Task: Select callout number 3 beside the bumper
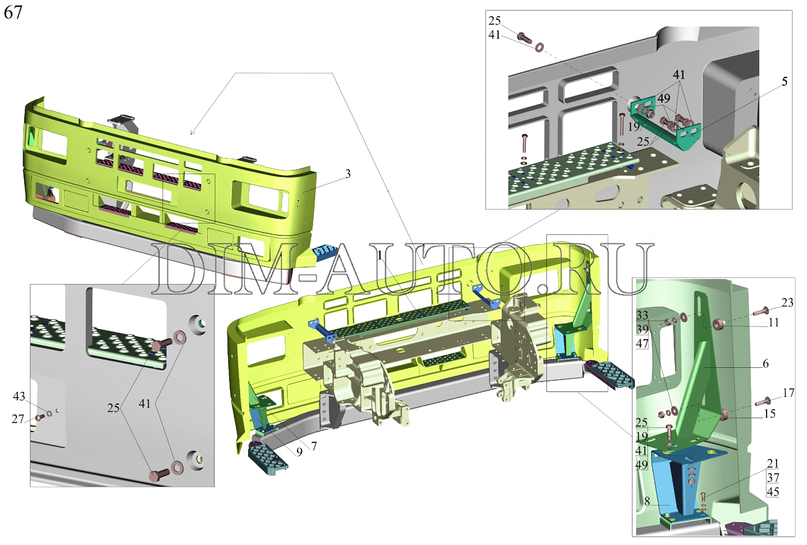coord(348,174)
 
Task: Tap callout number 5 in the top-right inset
coord(784,81)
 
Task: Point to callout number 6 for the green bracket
coord(766,364)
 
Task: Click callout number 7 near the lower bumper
coord(314,446)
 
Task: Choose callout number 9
coord(299,452)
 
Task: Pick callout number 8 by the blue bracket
coord(647,501)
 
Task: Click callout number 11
coord(773,322)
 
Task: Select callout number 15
coord(770,413)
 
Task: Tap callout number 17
coord(788,393)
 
